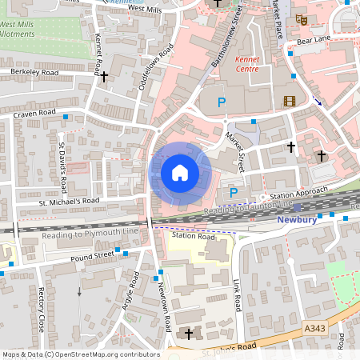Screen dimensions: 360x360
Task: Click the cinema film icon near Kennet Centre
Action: coord(289,101)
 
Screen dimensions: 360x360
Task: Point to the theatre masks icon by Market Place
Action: coord(301,19)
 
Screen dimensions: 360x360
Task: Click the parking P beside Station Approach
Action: coord(234,193)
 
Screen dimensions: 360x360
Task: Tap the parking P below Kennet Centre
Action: coord(222,102)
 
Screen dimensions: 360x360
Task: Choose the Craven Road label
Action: coord(34,114)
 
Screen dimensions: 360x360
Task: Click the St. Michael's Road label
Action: coord(69,201)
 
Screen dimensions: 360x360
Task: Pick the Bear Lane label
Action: coord(314,38)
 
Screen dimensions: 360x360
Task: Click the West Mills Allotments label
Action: coord(17,30)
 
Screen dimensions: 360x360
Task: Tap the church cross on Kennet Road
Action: coord(104,77)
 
